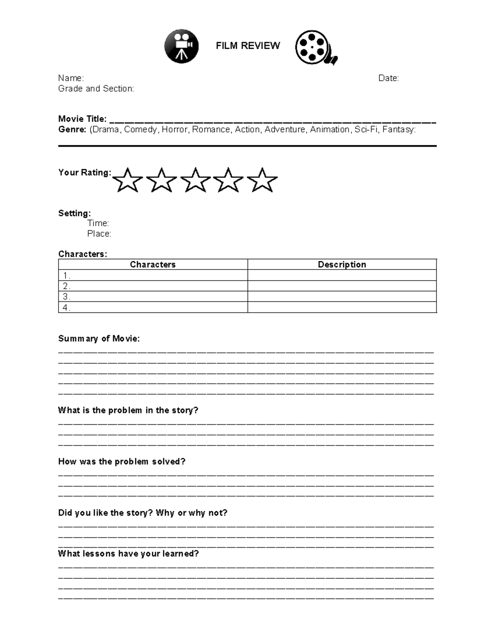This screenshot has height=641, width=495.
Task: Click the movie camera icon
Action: [181, 46]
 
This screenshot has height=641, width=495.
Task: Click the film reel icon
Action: [315, 47]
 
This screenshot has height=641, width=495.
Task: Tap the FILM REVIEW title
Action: [248, 45]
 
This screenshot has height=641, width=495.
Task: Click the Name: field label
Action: [71, 78]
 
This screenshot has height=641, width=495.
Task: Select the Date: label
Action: [389, 78]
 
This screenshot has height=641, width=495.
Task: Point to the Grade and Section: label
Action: [96, 89]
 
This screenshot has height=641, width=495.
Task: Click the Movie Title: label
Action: [82, 119]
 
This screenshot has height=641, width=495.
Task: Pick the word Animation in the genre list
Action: [330, 130]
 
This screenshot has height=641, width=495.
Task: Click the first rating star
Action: [127, 180]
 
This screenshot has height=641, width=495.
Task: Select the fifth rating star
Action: [262, 180]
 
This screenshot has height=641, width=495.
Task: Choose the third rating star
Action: [195, 180]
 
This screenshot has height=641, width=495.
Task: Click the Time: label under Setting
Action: [98, 223]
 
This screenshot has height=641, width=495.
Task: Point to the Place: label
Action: [99, 234]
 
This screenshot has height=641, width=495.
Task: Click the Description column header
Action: [342, 265]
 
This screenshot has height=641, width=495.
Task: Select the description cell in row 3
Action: [342, 296]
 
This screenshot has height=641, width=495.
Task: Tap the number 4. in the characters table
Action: [66, 307]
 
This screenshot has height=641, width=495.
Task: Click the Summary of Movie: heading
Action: [99, 338]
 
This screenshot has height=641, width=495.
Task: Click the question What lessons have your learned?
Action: [128, 553]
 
